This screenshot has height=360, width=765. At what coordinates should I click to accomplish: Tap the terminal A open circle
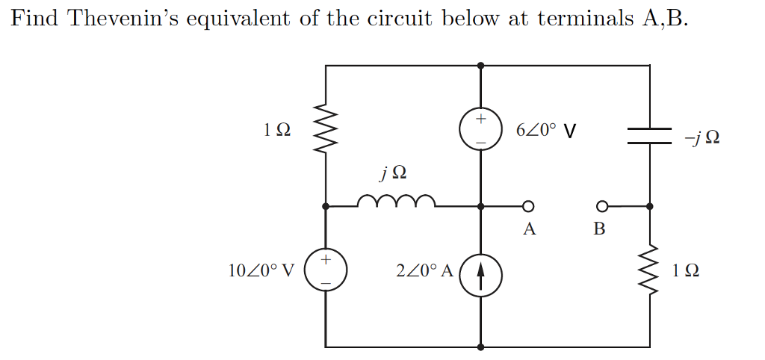(x=527, y=206)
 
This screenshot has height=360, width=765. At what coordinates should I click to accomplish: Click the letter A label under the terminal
(x=529, y=229)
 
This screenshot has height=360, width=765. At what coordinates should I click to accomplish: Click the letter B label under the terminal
(x=598, y=229)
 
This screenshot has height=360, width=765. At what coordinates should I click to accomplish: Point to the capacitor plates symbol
(x=649, y=134)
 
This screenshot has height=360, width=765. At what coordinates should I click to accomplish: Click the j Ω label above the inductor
(x=394, y=173)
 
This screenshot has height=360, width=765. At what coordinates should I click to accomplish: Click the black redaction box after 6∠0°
(x=570, y=132)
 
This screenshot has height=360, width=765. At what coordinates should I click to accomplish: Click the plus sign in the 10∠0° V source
(x=326, y=260)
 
